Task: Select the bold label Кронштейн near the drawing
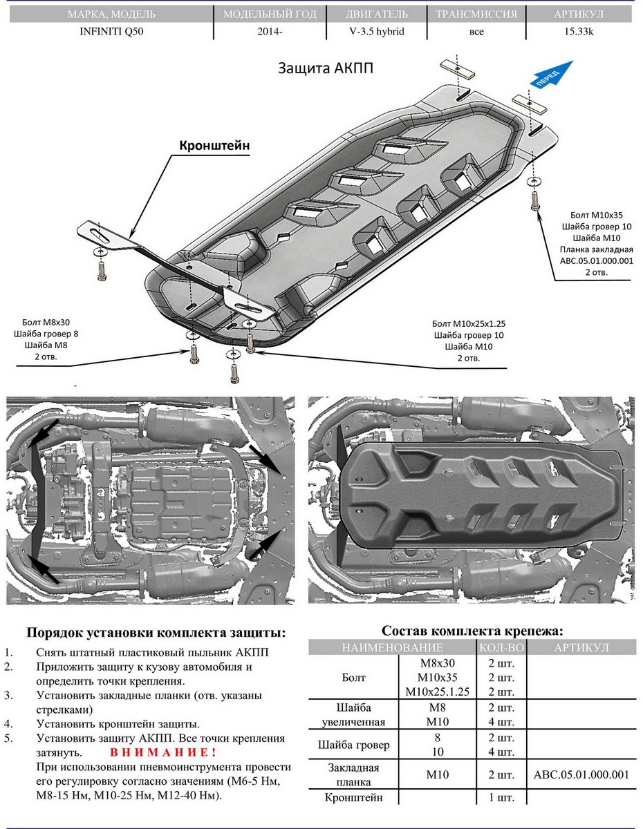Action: point(214,146)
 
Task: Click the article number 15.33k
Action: point(579,32)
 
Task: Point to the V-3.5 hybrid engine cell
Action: point(377,32)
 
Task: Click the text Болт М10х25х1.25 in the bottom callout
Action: point(469,323)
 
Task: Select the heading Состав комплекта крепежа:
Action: point(473,631)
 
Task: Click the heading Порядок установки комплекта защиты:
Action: point(156,633)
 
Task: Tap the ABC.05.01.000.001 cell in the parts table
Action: point(581,775)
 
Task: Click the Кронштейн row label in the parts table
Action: point(353,798)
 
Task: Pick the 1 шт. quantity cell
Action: point(501,798)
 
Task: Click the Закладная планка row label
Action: point(353,775)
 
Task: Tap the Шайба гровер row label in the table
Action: point(353,745)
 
